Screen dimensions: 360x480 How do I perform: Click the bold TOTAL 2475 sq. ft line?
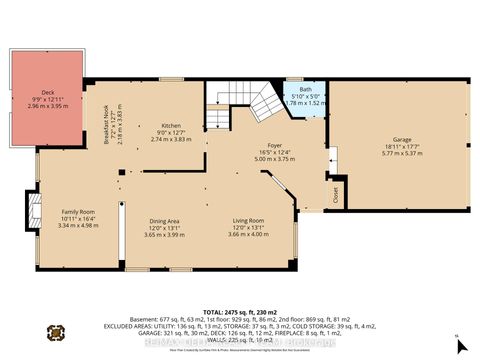[240, 311]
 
